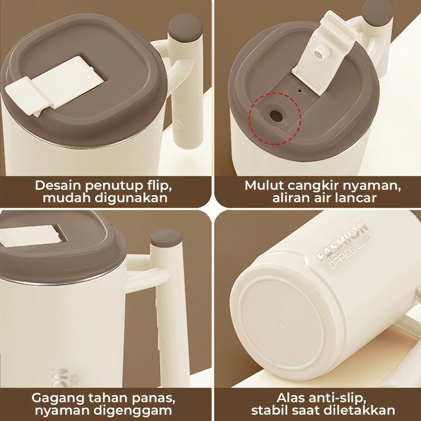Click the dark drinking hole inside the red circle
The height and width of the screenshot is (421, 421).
(276, 116)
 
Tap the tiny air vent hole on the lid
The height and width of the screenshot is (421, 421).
(300, 90)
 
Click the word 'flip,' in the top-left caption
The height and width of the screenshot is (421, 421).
(159, 186)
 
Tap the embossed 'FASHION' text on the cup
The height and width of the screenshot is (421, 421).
(342, 241)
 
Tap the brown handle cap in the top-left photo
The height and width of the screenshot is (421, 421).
(185, 27)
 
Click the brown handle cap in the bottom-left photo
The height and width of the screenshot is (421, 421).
(166, 238)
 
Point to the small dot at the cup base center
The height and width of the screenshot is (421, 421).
(281, 323)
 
